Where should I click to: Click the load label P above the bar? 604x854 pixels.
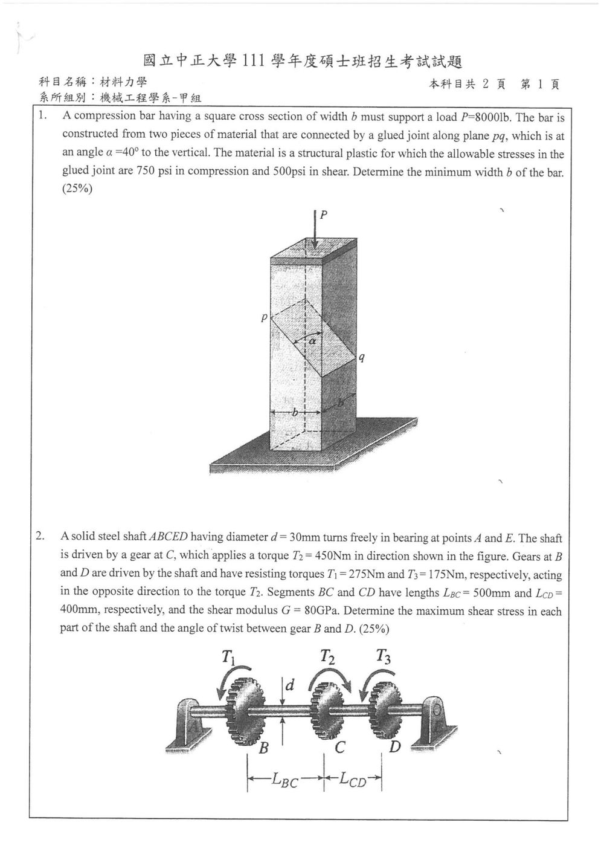(x=324, y=215)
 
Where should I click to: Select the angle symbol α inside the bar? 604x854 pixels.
(x=312, y=341)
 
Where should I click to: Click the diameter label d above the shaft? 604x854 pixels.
(x=289, y=685)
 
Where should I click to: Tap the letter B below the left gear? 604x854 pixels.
(x=263, y=748)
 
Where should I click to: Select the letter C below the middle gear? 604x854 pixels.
(x=339, y=748)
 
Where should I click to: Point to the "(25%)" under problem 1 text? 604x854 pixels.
(x=77, y=189)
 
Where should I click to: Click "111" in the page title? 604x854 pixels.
(x=253, y=61)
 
